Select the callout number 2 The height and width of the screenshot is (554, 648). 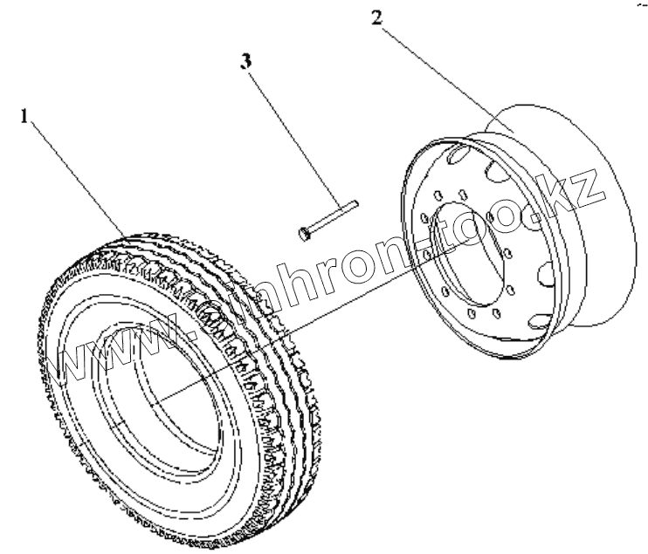pos(376,18)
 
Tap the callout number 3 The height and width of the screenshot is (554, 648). pos(247,62)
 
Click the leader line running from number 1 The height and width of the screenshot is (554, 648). pos(79,174)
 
